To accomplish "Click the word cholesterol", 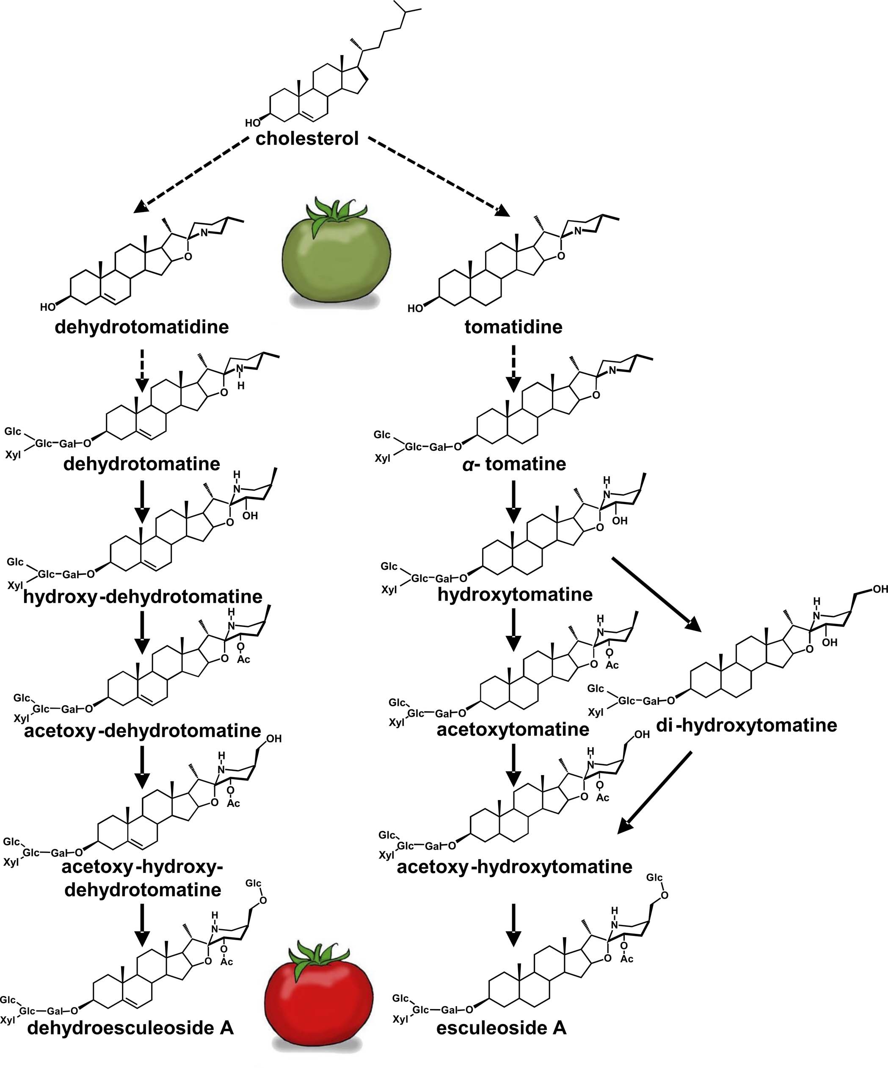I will click(x=307, y=138).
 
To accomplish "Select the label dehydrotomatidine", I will click(x=141, y=326).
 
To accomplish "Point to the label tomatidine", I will click(x=513, y=326).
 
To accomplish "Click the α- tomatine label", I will click(x=514, y=464).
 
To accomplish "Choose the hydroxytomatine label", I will click(x=515, y=594).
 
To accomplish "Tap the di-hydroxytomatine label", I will click(x=746, y=725).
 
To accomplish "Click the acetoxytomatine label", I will click(x=513, y=729).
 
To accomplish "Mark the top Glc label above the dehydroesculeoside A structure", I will click(x=253, y=883).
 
